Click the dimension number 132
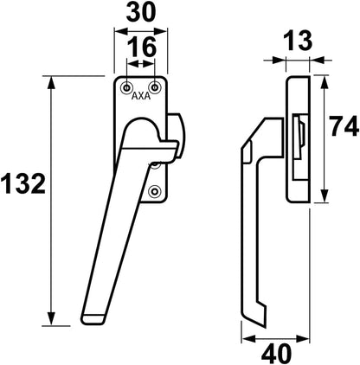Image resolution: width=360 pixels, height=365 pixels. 23,184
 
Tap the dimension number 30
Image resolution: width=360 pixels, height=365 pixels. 141,12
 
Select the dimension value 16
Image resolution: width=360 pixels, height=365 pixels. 142,47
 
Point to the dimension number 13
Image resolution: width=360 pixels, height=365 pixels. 298,41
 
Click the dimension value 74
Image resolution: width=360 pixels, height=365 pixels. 344,126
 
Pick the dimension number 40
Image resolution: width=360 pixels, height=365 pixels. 276,354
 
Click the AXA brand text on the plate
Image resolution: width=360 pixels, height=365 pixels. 141,96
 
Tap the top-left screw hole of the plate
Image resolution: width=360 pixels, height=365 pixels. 126,87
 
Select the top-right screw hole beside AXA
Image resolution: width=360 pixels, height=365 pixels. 155,87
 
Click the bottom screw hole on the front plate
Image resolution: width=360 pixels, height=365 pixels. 155,191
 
